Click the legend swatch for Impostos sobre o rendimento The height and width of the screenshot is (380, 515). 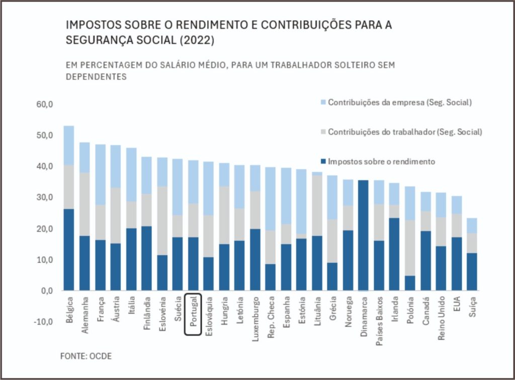tap(323, 162)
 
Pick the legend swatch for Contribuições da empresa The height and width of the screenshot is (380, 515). tap(323, 103)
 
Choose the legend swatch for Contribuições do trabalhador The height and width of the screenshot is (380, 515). tap(323, 132)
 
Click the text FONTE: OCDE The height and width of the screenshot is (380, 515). tap(86, 356)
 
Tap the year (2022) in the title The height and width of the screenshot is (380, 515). tap(196, 41)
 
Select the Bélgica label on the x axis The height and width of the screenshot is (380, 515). tap(69, 313)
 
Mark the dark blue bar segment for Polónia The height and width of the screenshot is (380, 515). tap(410, 283)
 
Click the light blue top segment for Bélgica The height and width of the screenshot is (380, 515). tap(69, 145)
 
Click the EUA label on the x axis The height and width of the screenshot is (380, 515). tap(456, 304)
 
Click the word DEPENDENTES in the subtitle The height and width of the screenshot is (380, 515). tap(96, 78)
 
